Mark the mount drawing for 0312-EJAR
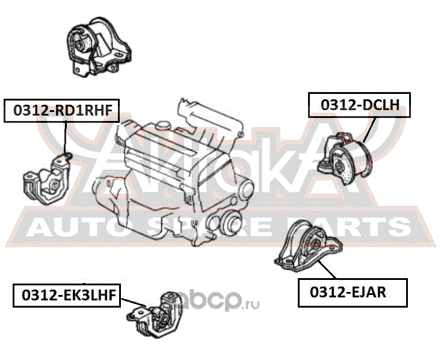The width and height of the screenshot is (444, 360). click(308, 246)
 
